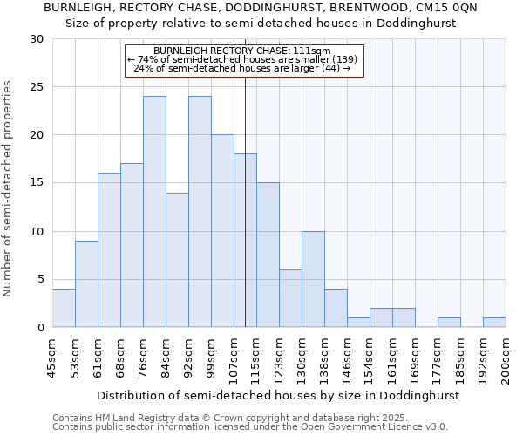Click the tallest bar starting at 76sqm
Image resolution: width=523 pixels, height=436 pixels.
154,212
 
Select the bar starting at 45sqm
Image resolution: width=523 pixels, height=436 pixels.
64,308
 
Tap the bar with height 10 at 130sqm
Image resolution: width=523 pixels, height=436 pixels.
313,279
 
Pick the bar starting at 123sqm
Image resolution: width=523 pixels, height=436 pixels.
290,298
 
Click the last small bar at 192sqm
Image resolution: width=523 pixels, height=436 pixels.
494,323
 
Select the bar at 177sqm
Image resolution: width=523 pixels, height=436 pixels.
449,323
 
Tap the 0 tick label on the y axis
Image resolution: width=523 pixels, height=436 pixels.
40,328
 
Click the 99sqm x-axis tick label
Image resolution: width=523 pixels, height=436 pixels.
212,359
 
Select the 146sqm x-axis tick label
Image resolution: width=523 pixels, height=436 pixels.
348,361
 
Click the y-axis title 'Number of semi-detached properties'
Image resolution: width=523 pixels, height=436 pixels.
9,188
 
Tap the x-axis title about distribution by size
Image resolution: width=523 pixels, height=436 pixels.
277,395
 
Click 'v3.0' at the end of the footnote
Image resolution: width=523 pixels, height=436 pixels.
436,427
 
